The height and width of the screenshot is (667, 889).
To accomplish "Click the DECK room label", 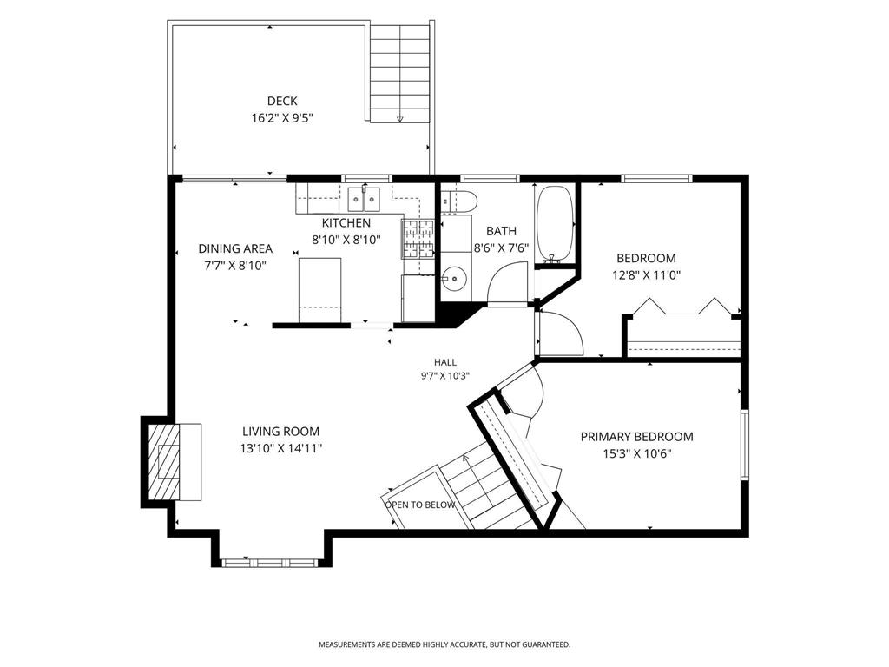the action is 282,101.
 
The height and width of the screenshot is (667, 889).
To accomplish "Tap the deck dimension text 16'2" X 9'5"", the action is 282,118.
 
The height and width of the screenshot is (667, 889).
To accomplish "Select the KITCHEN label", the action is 346,223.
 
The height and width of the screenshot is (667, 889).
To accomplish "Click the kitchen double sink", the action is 365,199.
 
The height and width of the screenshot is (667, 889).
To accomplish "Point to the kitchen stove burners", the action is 418,238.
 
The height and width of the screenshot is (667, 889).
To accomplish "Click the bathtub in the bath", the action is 556,225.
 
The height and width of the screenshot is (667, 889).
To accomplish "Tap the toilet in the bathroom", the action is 460,201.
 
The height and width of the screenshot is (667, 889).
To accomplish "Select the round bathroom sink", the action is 454,279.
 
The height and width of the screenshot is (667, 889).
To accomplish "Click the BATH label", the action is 501,231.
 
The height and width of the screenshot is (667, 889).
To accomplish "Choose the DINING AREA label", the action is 235,248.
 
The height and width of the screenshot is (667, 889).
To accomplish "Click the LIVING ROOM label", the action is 281,431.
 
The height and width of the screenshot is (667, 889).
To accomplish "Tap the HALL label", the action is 445,362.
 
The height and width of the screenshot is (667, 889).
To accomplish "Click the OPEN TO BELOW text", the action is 420,505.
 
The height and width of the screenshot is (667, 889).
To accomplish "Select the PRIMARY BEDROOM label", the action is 636,437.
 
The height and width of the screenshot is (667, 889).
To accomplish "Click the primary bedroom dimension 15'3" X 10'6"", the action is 636,453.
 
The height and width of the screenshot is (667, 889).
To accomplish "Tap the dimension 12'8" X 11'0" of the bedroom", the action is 646,275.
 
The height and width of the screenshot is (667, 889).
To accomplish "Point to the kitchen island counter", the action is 320,290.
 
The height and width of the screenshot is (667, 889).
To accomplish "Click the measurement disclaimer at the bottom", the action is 444,645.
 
